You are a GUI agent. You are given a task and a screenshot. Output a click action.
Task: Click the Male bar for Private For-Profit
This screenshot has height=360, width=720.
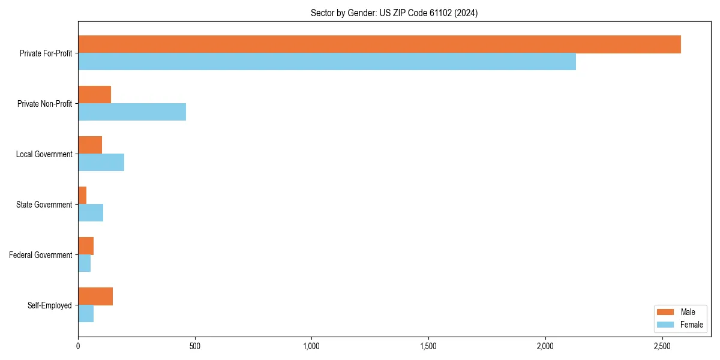click(379, 44)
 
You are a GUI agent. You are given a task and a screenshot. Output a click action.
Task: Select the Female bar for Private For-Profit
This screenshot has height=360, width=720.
click(327, 61)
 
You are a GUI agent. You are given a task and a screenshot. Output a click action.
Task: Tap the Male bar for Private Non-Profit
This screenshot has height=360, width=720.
click(94, 95)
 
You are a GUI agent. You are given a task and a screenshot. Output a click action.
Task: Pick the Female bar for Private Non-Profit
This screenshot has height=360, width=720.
click(132, 112)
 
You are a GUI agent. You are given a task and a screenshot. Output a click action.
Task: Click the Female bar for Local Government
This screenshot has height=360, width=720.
click(101, 162)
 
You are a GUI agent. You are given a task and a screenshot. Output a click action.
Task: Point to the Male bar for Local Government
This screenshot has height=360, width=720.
click(90, 145)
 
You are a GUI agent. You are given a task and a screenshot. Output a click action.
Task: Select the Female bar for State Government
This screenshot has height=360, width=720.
click(91, 212)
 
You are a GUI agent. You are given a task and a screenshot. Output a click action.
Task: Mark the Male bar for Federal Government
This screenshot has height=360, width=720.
click(86, 246)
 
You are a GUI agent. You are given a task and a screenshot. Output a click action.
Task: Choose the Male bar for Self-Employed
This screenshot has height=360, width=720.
click(95, 296)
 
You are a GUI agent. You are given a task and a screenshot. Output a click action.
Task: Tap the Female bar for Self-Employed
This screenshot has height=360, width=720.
click(86, 313)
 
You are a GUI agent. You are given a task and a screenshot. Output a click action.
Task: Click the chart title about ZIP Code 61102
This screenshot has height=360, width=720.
click(394, 13)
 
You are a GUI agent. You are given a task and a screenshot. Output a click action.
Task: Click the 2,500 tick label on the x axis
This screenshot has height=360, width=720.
click(662, 346)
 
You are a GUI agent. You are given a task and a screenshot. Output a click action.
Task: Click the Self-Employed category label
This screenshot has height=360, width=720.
click(50, 305)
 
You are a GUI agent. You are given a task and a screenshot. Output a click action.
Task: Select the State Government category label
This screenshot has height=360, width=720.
click(44, 205)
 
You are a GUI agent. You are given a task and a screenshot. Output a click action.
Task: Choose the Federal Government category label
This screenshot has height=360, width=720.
click(41, 255)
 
